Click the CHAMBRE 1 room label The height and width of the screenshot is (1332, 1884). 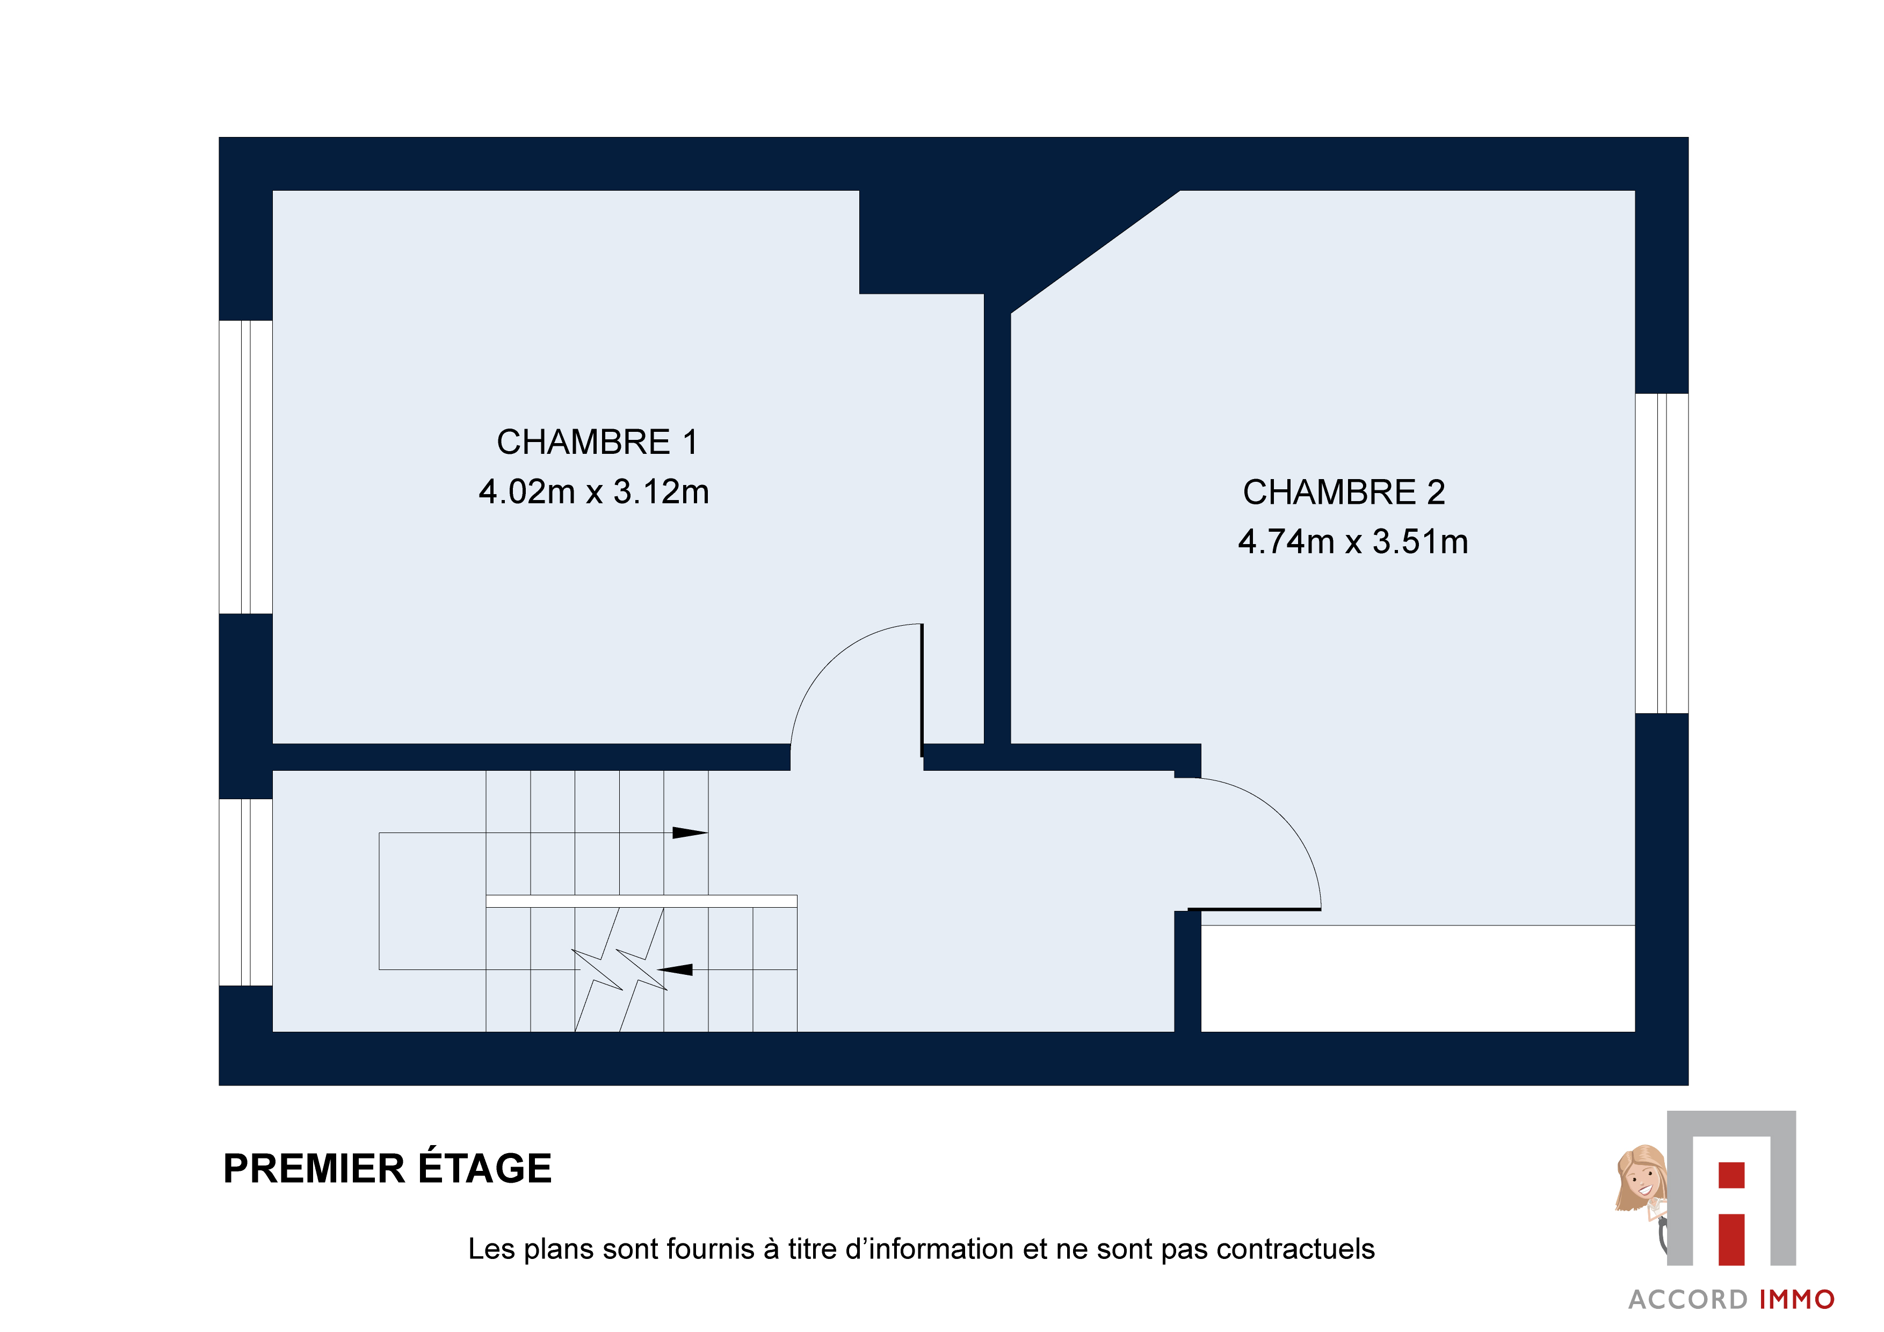pos(597,443)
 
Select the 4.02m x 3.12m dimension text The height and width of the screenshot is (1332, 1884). pos(594,491)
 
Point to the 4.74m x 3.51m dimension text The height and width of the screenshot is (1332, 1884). pos(1353,542)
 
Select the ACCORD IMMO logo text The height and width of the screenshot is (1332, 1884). pos(1732,1300)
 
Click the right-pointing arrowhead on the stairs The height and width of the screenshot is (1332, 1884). pos(690,833)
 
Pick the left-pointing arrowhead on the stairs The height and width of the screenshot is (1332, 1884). pos(675,969)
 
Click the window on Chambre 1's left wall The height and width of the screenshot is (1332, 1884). pos(245,467)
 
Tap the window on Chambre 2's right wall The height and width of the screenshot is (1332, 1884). pos(1662,553)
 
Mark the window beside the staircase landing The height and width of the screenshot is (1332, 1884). pos(245,892)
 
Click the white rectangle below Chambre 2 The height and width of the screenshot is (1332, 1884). pos(1418,978)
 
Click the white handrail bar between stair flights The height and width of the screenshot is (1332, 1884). pos(642,901)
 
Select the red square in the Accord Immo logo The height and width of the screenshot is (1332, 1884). pos(1731,1175)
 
